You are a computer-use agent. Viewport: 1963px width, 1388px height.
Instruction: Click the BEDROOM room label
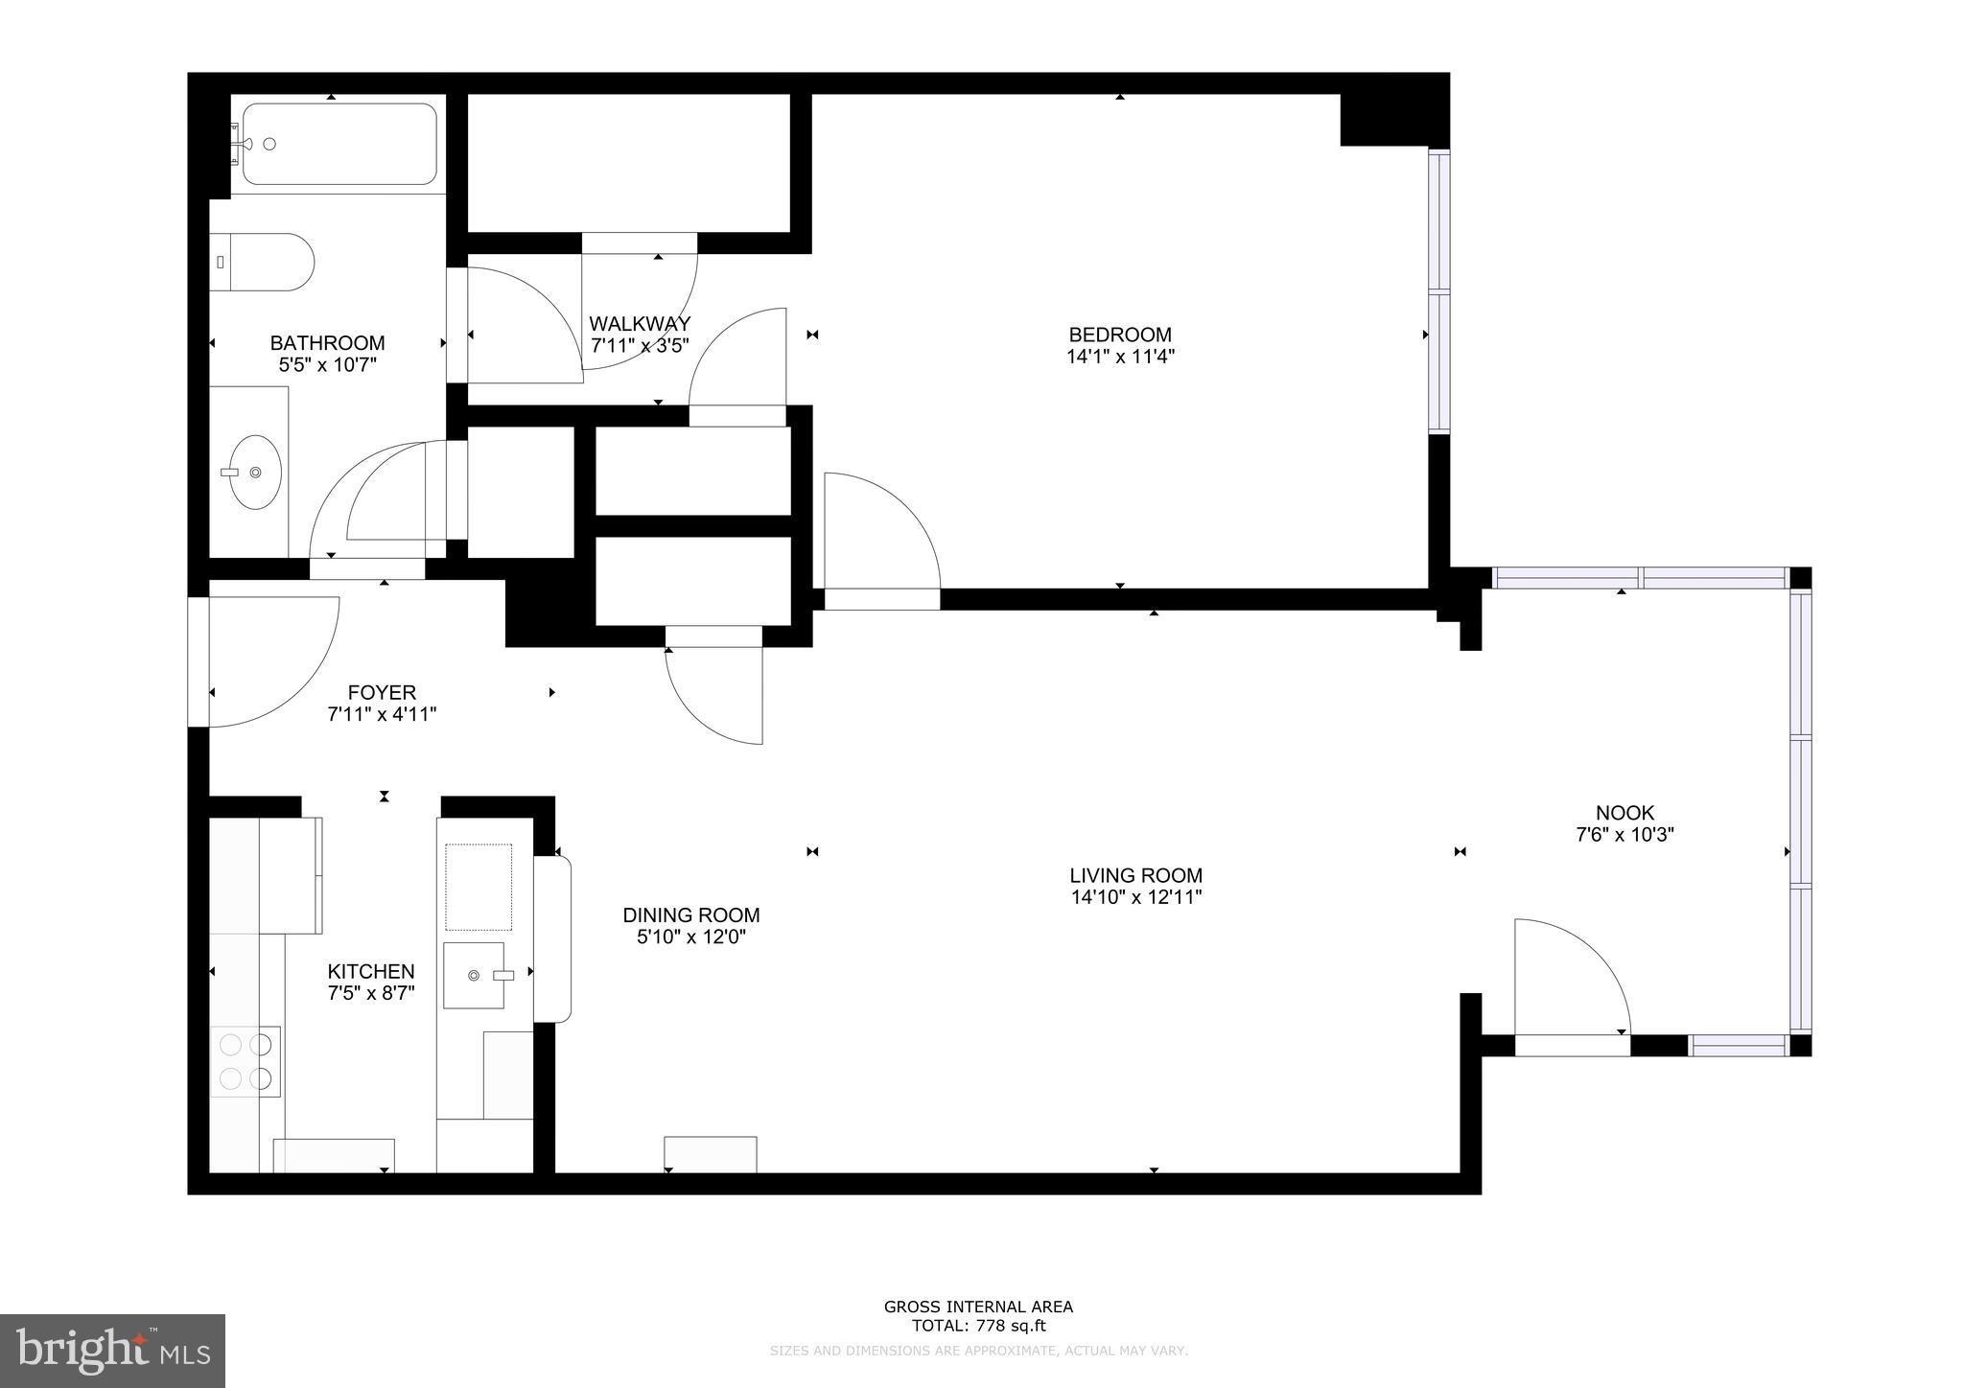coord(1119,335)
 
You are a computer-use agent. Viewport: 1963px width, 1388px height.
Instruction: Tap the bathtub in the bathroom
coord(339,144)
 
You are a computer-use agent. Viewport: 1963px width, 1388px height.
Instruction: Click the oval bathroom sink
coord(255,472)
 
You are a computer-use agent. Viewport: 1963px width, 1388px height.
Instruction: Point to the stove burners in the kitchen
coord(245,1061)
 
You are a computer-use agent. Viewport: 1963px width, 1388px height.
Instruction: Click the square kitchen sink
coord(474,975)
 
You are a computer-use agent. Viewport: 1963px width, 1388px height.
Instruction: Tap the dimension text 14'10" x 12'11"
coord(1136,898)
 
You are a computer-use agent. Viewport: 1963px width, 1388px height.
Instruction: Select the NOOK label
coord(1624,813)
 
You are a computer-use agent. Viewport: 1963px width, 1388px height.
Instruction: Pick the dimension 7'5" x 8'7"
coord(371,993)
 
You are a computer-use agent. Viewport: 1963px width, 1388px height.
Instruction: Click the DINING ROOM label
coord(690,915)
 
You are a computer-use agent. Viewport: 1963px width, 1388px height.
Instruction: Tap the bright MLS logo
coord(112,1351)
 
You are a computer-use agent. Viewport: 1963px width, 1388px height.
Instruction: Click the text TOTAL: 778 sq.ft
coord(978,1327)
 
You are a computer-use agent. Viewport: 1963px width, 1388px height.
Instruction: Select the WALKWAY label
coord(639,324)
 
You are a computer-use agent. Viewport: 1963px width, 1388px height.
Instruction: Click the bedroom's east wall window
coord(1438,291)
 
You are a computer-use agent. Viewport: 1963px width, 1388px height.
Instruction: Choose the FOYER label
coord(382,692)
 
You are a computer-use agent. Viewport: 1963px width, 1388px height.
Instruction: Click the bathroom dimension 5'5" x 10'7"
coord(327,364)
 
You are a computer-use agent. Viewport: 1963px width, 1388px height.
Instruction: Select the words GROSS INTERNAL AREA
coord(978,1307)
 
